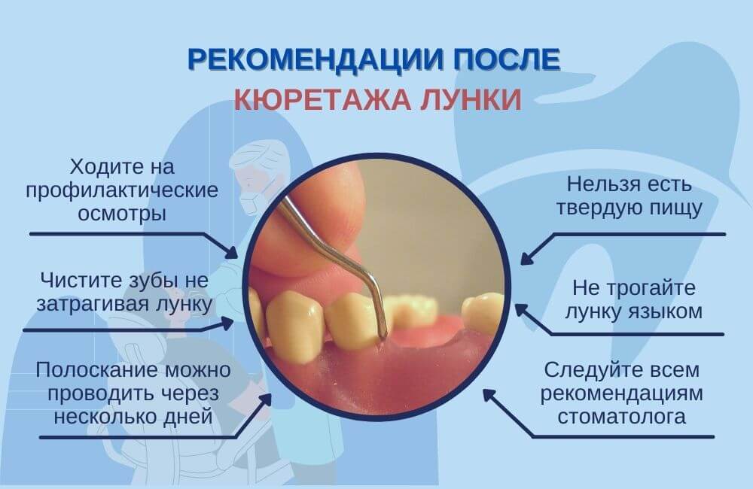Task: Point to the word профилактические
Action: [122, 191]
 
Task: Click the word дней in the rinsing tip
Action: [189, 416]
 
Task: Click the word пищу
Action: [676, 208]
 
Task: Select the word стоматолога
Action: [621, 416]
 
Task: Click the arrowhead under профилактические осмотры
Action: [231, 252]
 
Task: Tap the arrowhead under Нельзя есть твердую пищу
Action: [527, 258]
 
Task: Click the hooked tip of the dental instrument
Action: [383, 334]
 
